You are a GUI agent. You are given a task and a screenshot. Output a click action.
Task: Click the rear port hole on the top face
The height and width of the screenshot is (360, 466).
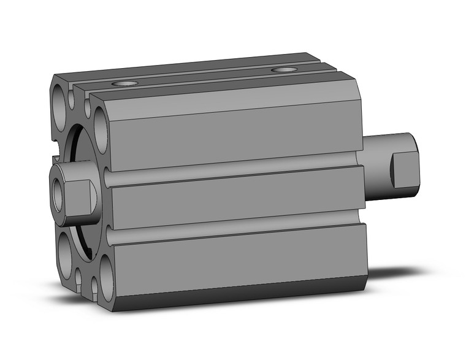pyautogui.click(x=283, y=70)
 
